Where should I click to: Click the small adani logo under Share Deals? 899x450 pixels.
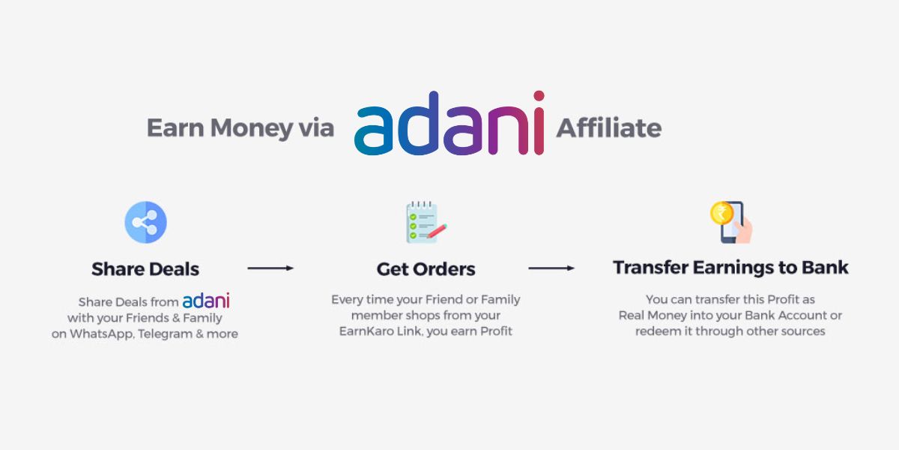coord(206,300)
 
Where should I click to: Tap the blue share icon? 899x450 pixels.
coord(145,222)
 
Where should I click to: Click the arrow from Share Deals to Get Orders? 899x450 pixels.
coord(270,268)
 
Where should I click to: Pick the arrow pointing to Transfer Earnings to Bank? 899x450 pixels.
coord(551,268)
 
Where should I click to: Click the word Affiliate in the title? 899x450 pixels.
coord(608,128)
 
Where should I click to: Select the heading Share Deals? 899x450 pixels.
coord(145,268)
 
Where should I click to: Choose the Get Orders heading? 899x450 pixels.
coord(426,268)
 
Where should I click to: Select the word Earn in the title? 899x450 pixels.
coord(175,128)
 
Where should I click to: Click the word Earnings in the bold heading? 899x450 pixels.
coord(730,268)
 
